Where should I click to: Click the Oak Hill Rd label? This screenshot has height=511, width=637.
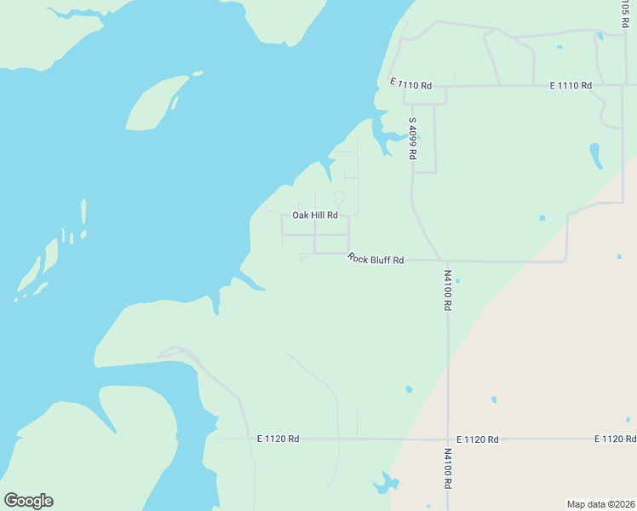point(315,215)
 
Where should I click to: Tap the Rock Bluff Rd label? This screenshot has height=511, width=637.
point(376,258)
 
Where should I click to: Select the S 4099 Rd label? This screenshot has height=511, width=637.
point(412,139)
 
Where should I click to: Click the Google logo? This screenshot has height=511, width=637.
point(28,501)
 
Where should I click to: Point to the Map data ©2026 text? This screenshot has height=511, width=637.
point(600,504)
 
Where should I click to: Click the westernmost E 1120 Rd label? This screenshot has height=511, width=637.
point(278,439)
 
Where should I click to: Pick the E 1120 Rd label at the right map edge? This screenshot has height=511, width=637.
point(615,439)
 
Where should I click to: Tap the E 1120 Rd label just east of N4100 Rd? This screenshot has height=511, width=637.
point(477,439)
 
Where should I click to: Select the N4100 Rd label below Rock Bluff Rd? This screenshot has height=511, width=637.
point(448,290)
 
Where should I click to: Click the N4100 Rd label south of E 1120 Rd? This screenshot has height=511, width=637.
point(448,468)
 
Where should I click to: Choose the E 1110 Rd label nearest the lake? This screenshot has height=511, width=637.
point(411,84)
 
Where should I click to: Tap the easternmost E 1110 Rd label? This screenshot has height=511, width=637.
point(571,86)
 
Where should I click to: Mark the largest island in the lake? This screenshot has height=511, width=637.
point(155,103)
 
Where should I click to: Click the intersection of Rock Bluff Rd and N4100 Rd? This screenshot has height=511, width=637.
point(444,261)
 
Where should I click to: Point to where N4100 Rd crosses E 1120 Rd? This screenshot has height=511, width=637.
point(448,439)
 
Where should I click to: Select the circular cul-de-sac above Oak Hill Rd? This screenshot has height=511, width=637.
point(339,198)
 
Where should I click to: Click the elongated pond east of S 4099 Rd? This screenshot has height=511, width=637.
point(596,155)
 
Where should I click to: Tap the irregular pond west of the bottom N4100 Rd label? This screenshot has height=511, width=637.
point(385,485)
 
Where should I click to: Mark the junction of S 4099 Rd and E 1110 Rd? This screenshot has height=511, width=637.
point(405,86)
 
